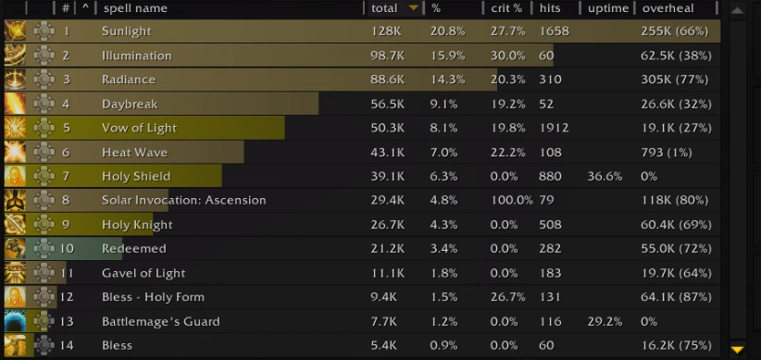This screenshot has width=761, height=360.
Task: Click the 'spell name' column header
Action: [135, 8]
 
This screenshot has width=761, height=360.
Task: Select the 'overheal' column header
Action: [667, 8]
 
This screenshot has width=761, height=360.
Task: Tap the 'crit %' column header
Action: [506, 8]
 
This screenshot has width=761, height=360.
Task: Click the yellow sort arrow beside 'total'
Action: [414, 7]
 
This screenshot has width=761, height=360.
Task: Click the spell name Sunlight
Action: [127, 31]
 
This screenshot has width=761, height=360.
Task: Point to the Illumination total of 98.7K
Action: [387, 56]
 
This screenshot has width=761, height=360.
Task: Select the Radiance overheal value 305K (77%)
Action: [675, 80]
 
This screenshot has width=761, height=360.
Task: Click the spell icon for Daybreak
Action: [15, 104]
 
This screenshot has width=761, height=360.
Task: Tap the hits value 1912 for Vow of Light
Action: [554, 128]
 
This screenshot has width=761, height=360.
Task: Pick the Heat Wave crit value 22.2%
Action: [507, 153]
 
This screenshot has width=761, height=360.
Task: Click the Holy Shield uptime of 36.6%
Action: [605, 176]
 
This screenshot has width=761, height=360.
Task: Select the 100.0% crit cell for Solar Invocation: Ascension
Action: [511, 200]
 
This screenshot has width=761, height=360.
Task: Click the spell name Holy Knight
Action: [137, 225]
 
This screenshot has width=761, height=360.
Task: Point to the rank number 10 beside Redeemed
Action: [67, 248]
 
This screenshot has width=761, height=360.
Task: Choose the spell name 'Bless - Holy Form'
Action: [153, 297]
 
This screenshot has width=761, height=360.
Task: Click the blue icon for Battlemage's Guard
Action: [15, 321]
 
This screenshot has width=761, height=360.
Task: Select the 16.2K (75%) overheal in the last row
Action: [676, 345]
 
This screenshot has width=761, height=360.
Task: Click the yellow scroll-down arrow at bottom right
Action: [737, 349]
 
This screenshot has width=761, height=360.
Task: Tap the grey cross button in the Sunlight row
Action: [44, 31]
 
